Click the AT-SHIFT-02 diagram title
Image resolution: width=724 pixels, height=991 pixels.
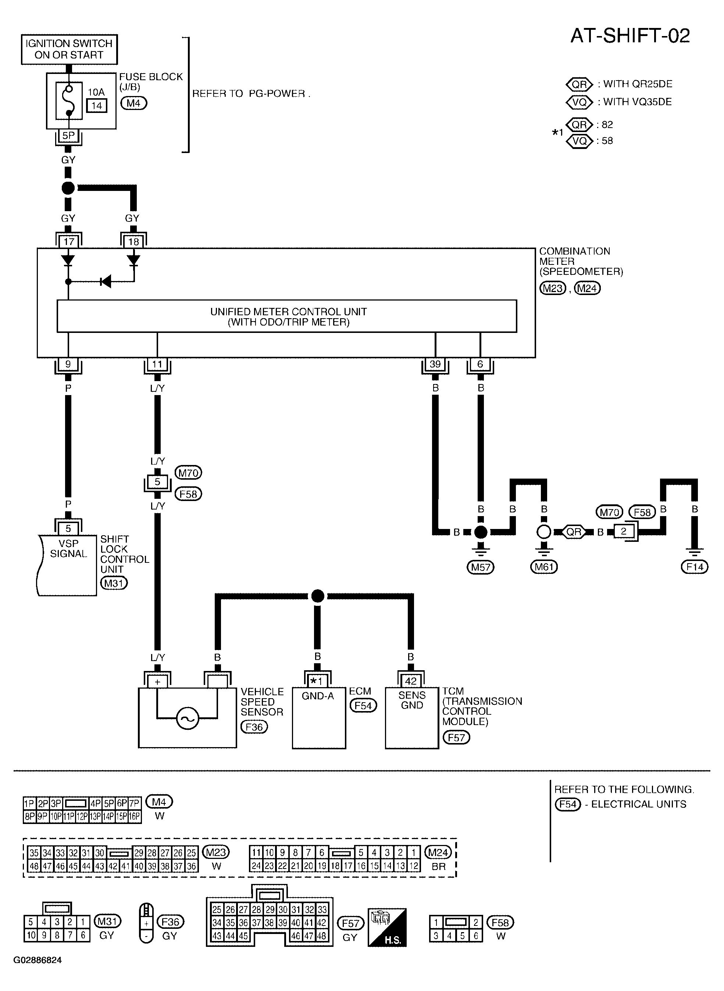[x=630, y=36]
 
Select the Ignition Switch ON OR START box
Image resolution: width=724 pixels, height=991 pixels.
[x=69, y=49]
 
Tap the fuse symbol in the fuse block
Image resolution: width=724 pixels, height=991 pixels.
[x=69, y=100]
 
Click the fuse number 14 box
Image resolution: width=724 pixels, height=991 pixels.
[x=97, y=106]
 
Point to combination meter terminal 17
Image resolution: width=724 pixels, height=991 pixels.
[x=68, y=241]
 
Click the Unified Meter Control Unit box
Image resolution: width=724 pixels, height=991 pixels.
[x=287, y=316]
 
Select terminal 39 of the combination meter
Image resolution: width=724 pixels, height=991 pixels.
[x=435, y=364]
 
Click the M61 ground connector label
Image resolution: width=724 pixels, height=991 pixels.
[x=544, y=567]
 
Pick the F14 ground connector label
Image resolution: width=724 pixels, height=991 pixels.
[x=695, y=567]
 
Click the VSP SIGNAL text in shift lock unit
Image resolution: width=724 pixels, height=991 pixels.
[x=68, y=548]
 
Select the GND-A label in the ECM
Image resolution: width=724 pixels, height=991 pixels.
[x=318, y=696]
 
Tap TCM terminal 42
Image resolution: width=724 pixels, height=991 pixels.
[x=411, y=681]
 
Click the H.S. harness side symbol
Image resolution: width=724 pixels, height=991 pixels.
[x=387, y=928]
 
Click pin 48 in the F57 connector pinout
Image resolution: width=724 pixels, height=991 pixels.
[x=322, y=936]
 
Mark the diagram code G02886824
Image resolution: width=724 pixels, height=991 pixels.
[x=38, y=972]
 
